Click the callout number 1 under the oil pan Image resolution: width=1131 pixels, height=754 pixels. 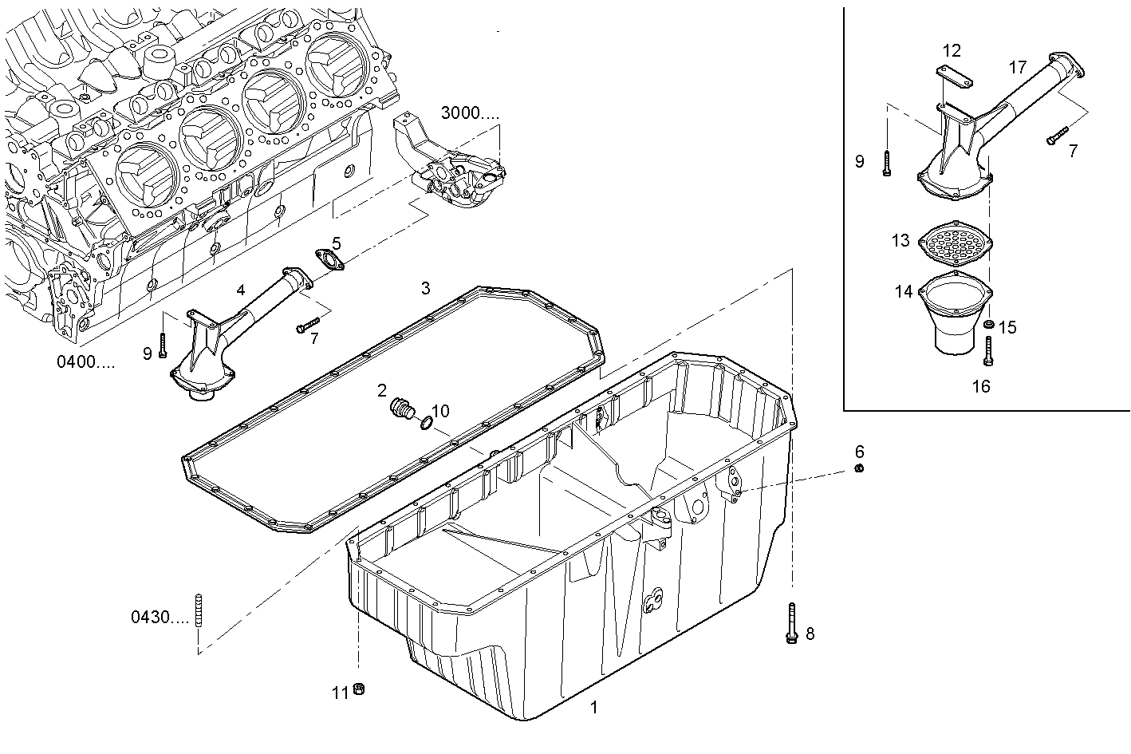pos(593,707)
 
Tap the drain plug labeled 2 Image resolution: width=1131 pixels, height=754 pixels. pos(400,410)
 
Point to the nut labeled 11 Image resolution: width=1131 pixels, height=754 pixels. pos(359,689)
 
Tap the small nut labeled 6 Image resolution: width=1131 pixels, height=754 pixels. pos(859,468)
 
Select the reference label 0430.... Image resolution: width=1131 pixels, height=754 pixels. pos(160,617)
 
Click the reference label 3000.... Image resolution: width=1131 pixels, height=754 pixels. pos(470,113)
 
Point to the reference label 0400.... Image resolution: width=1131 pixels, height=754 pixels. pos(85,362)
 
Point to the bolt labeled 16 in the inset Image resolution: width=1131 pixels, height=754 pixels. pos(990,352)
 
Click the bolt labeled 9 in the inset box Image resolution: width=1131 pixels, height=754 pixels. pos(887,162)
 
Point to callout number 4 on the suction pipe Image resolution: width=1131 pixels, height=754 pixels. pos(241,290)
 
